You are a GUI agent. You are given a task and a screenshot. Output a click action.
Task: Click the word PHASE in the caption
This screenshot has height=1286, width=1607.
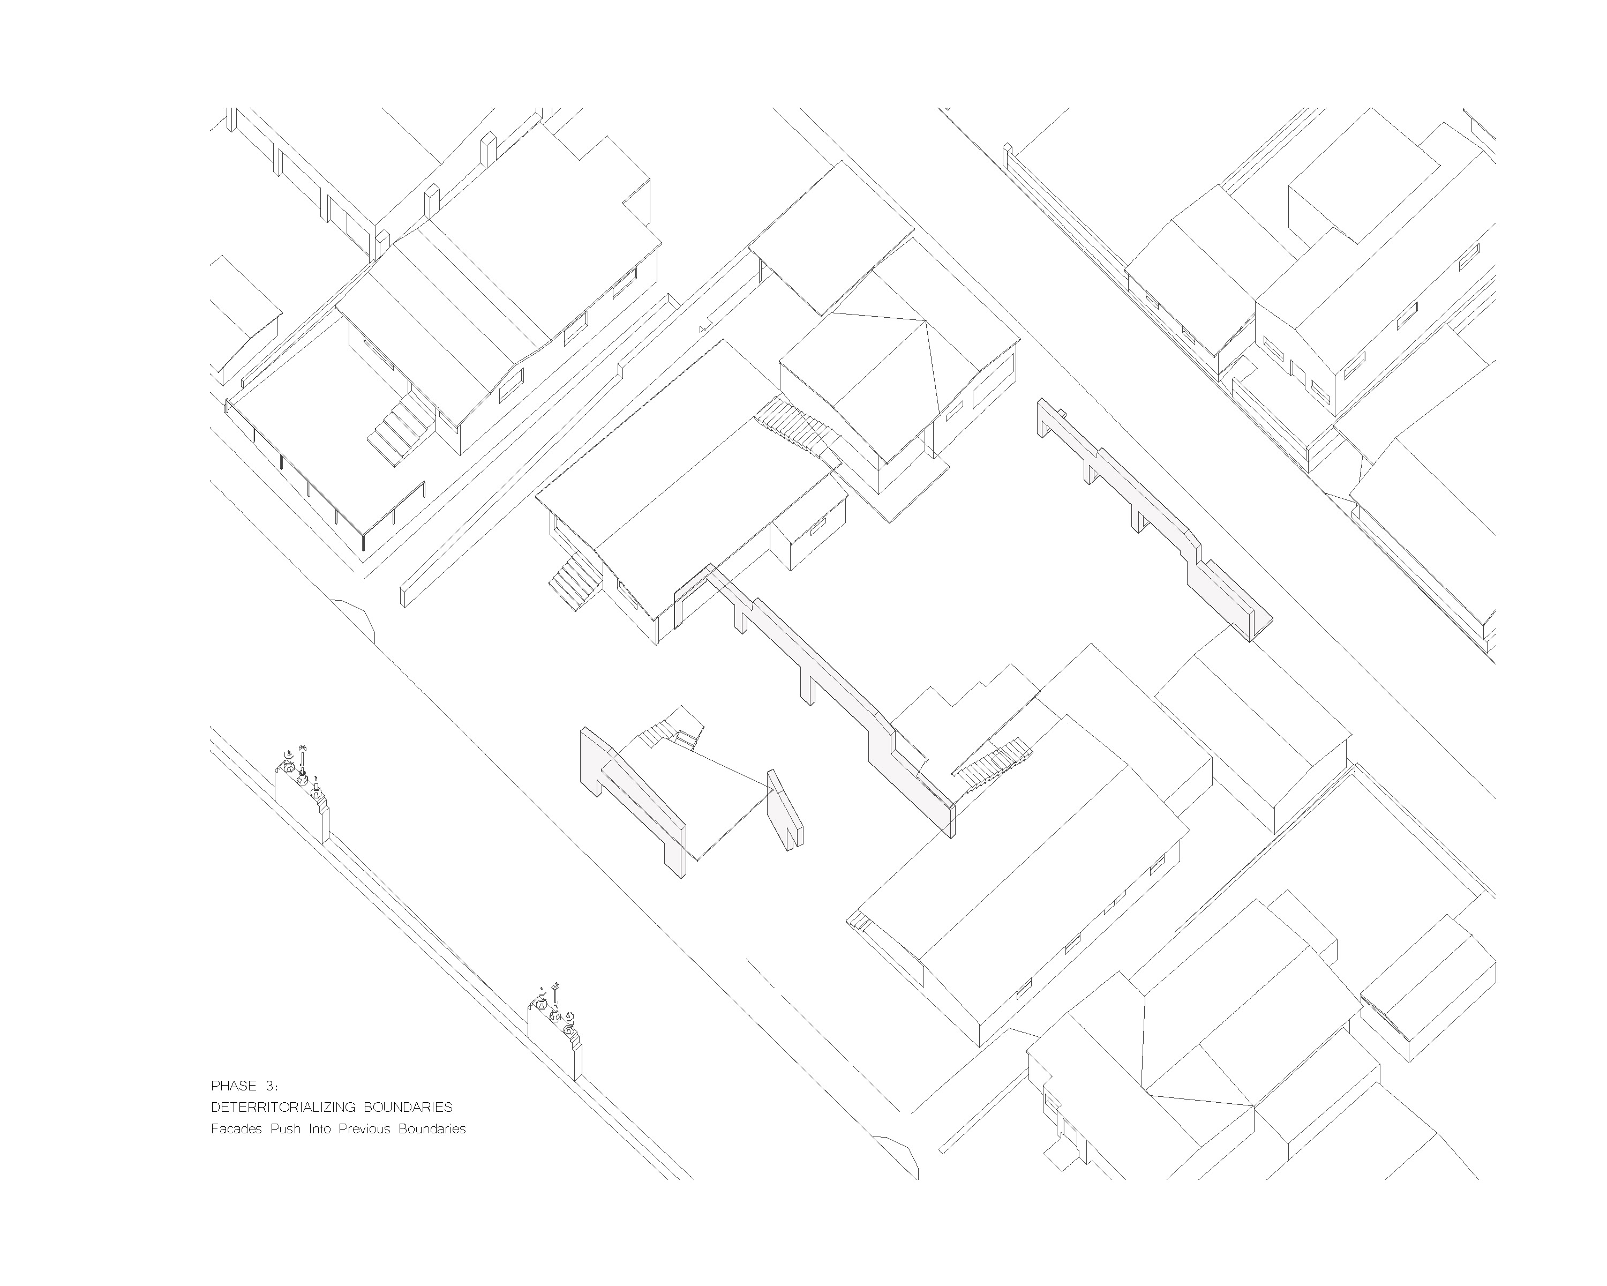tap(234, 1086)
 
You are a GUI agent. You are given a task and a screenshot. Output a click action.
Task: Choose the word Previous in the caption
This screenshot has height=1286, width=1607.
tap(364, 1128)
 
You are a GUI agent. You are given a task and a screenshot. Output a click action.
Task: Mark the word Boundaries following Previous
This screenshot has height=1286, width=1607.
tap(432, 1128)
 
